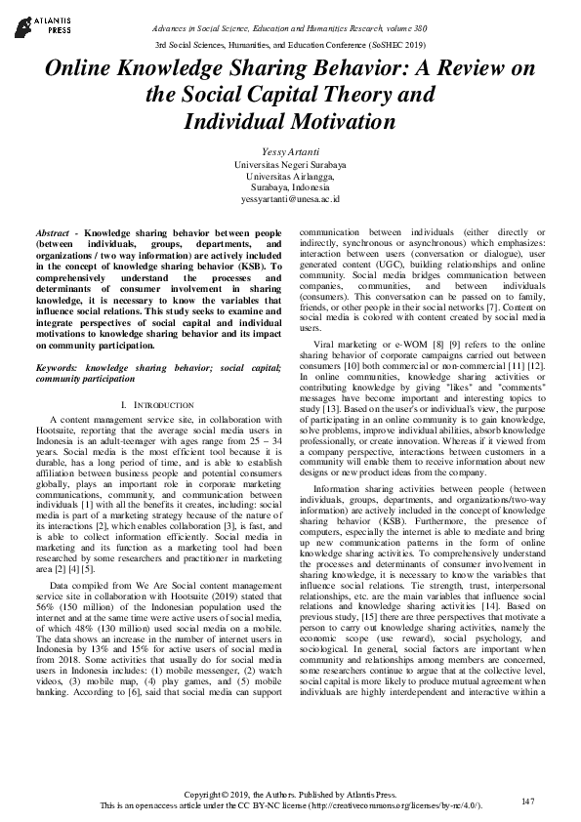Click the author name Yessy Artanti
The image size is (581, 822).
coord(290,153)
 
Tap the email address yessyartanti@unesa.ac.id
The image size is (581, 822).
coord(290,198)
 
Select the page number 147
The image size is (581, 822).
coord(528,801)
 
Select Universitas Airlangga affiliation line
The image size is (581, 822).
coord(290,176)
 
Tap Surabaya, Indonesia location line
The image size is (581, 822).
coord(290,186)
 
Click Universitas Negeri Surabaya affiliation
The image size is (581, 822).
coord(290,165)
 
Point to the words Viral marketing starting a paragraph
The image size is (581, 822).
coord(346,345)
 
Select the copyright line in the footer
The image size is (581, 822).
coord(290,795)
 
